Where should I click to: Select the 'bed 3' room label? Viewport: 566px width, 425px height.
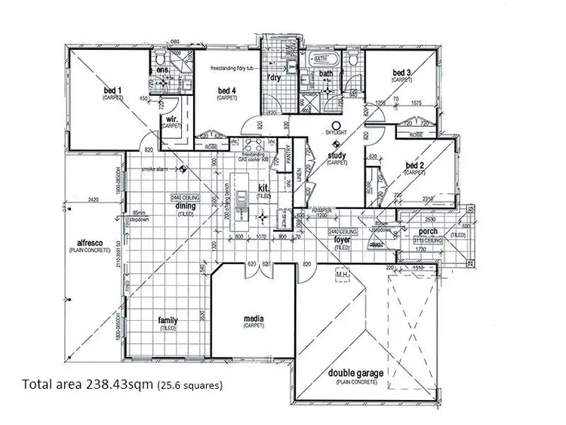(x=401, y=72)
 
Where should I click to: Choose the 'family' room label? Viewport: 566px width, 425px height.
(x=168, y=321)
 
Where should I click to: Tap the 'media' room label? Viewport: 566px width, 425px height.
(x=254, y=319)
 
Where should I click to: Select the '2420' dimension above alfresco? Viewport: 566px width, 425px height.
(x=93, y=201)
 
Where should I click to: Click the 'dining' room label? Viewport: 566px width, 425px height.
(x=186, y=205)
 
